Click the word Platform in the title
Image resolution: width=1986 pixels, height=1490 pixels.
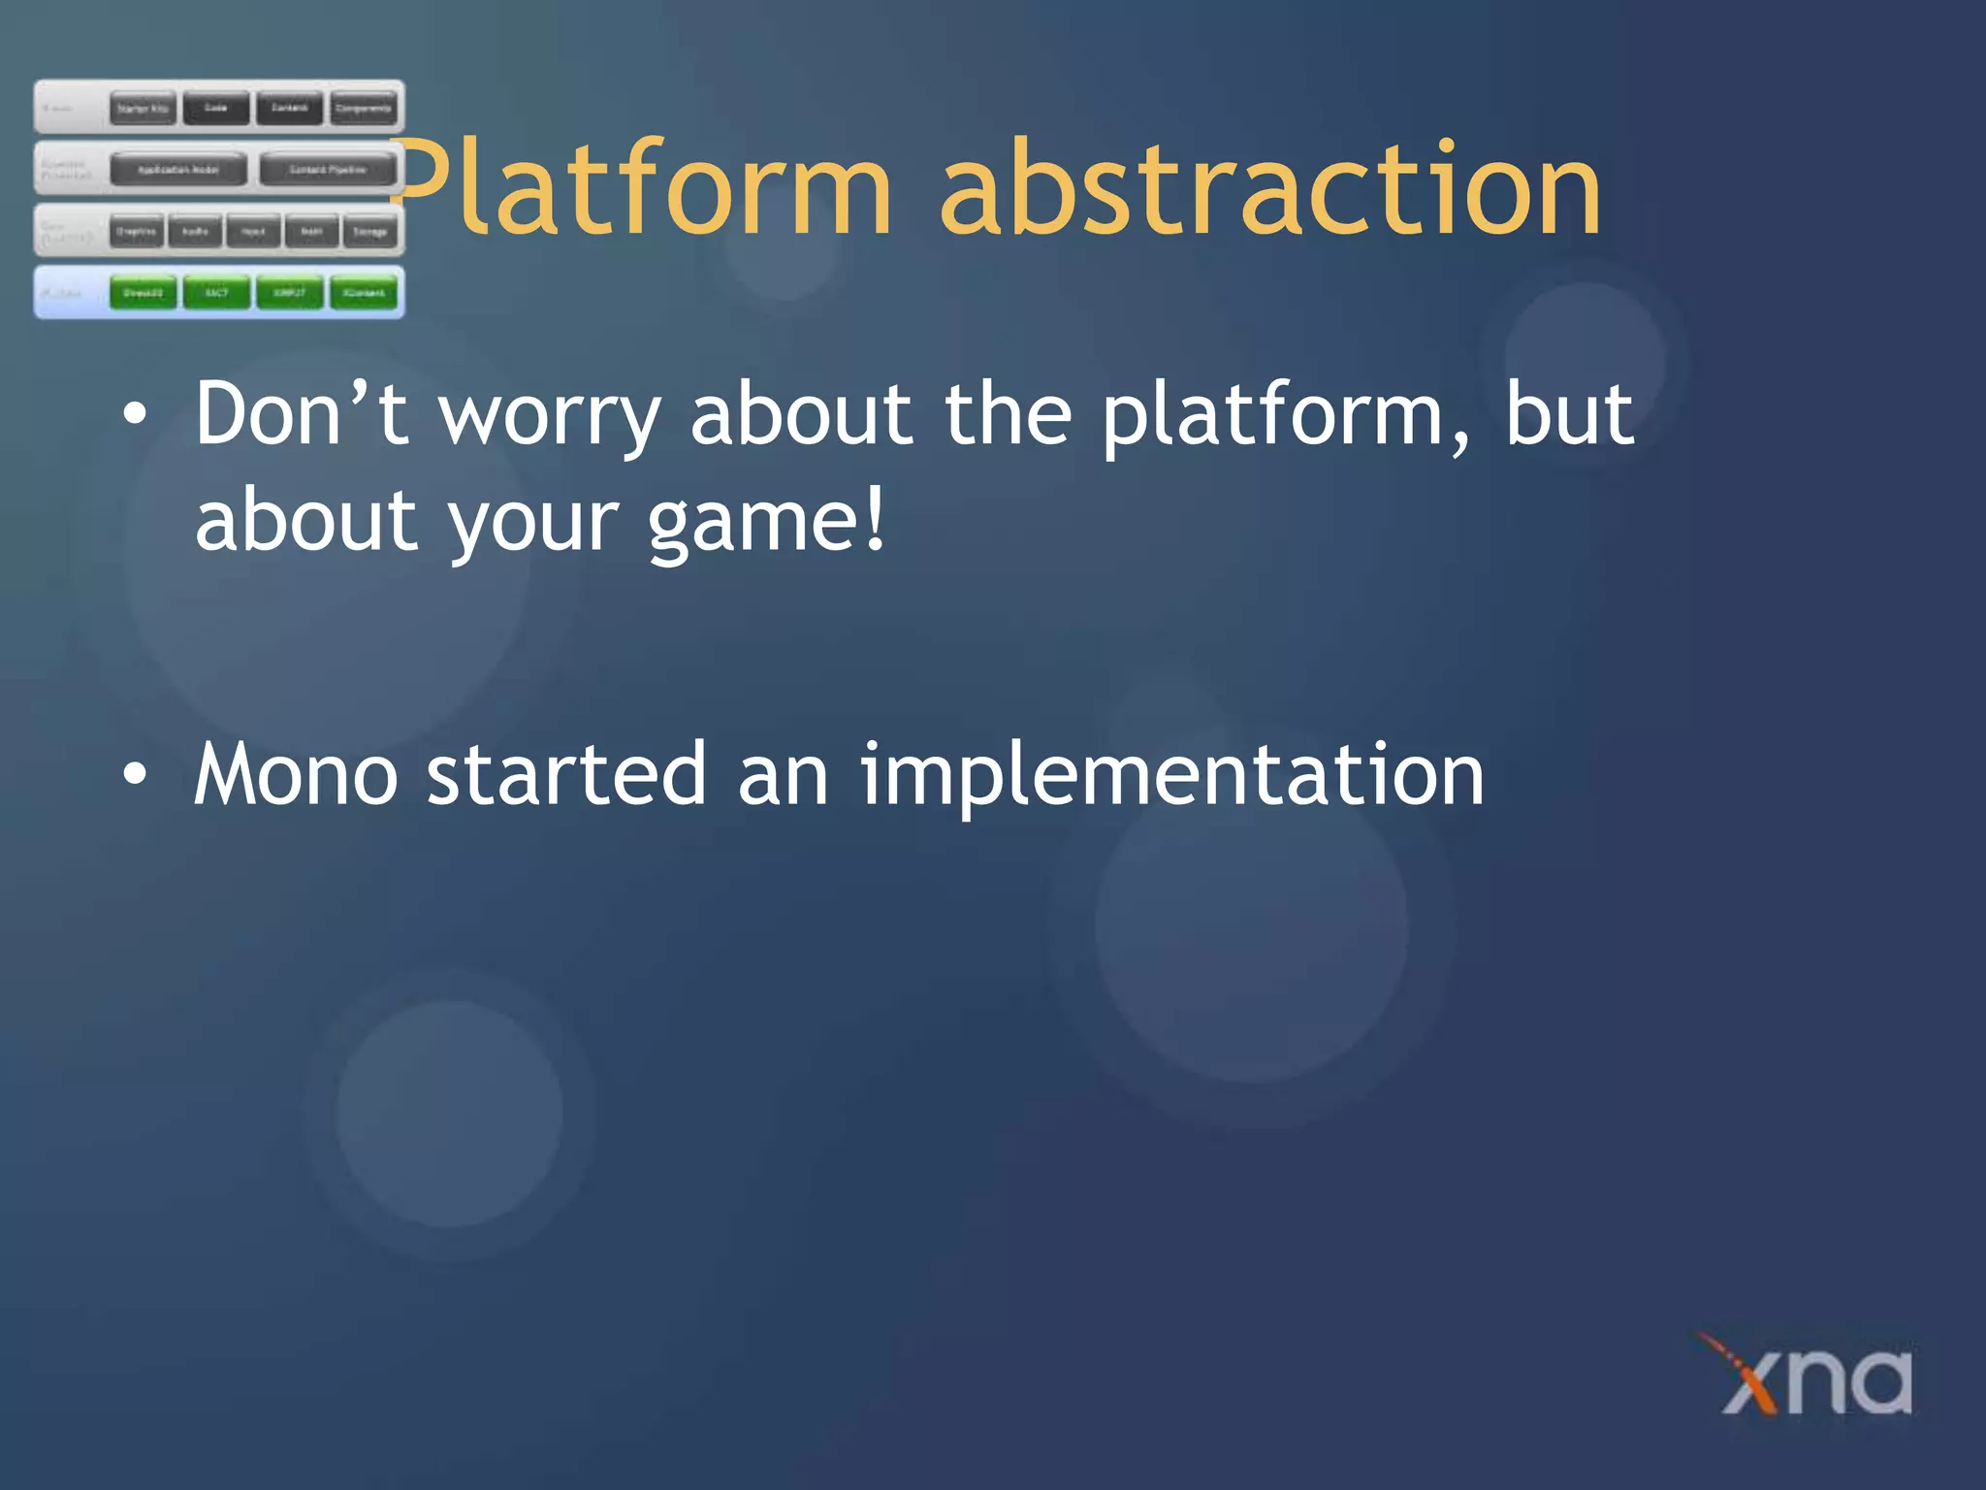(x=640, y=189)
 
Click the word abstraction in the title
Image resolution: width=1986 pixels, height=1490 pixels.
(x=1270, y=189)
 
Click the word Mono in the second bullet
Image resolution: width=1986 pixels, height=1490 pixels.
(x=296, y=774)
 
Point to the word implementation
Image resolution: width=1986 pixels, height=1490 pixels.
(x=1171, y=776)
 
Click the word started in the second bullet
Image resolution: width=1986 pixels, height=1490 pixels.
(x=566, y=774)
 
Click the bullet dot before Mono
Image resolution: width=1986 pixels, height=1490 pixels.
(x=136, y=774)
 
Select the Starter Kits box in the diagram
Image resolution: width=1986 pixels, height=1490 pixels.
(x=143, y=109)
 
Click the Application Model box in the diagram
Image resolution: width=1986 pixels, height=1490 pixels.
(x=177, y=170)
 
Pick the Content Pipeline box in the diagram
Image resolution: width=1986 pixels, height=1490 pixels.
(x=328, y=170)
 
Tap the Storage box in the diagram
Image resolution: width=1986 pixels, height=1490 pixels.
(x=369, y=232)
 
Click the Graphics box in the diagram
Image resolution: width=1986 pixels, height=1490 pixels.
(x=136, y=232)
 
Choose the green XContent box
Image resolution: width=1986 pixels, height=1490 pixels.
(x=364, y=293)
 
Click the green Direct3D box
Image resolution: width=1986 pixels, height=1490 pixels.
(x=143, y=293)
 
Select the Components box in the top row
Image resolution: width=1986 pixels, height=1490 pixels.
(x=364, y=109)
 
